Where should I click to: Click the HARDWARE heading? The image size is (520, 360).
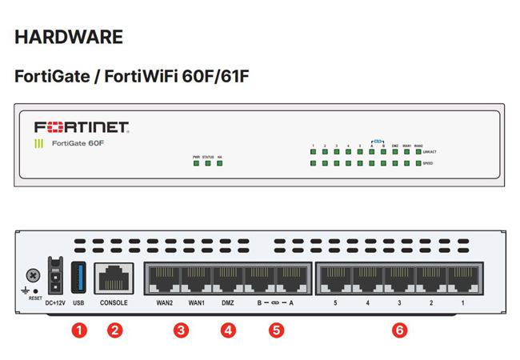tap(69, 37)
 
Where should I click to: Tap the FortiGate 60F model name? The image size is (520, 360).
tap(79, 144)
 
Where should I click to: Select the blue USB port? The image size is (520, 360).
tap(78, 276)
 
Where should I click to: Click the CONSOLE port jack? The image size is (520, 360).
tap(114, 277)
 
